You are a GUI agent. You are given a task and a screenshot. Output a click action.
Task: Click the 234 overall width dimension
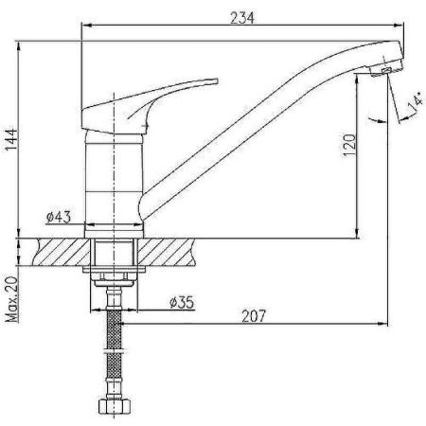[242, 18]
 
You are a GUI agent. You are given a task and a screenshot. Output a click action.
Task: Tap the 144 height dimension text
[11, 139]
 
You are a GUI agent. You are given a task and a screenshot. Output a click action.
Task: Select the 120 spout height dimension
[349, 145]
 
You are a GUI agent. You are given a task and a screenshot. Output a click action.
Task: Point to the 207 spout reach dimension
[254, 315]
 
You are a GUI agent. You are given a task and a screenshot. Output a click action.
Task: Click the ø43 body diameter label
[59, 217]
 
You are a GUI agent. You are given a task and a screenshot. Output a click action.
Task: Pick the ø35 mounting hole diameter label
[182, 302]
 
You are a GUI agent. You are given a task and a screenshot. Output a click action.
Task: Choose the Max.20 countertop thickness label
[11, 299]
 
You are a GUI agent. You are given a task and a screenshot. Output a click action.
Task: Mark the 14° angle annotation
[416, 101]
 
